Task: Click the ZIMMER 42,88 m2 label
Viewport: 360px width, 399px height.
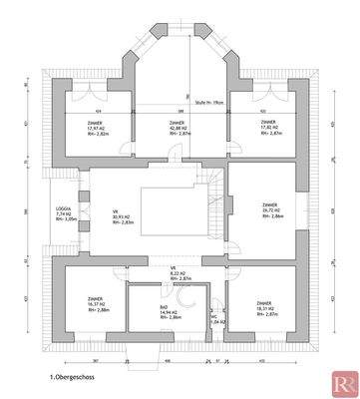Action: (x=180, y=128)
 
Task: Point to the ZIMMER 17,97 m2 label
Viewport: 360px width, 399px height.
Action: (x=97, y=128)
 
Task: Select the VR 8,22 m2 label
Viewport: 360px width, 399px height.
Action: (x=180, y=273)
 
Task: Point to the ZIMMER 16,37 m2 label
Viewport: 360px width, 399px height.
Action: (x=97, y=306)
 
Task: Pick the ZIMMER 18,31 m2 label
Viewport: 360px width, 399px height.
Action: (x=263, y=306)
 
